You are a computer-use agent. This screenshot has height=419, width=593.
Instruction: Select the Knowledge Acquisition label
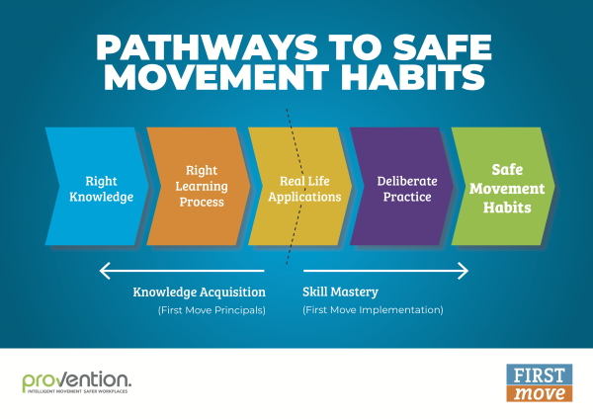pos(200,292)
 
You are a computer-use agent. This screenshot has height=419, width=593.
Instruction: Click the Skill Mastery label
pos(340,292)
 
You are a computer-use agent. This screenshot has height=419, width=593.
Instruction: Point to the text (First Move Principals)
pos(212,310)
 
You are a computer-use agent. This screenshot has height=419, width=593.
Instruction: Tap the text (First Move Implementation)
pos(373,310)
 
